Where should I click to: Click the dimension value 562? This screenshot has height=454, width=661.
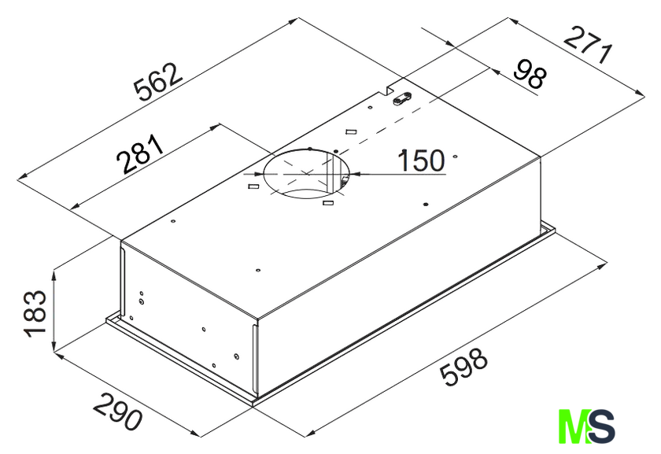157,83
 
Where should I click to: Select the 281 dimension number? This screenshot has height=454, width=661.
140,154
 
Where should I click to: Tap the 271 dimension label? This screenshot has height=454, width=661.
588,45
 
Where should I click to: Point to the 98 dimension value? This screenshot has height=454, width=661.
530,74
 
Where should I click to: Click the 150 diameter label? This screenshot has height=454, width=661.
421,161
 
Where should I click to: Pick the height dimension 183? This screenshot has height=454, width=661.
35,314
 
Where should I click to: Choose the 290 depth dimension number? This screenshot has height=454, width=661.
117,411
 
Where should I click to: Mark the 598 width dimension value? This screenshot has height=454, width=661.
463,366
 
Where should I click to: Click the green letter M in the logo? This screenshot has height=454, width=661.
574,426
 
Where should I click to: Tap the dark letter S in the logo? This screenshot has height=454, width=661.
600,426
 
